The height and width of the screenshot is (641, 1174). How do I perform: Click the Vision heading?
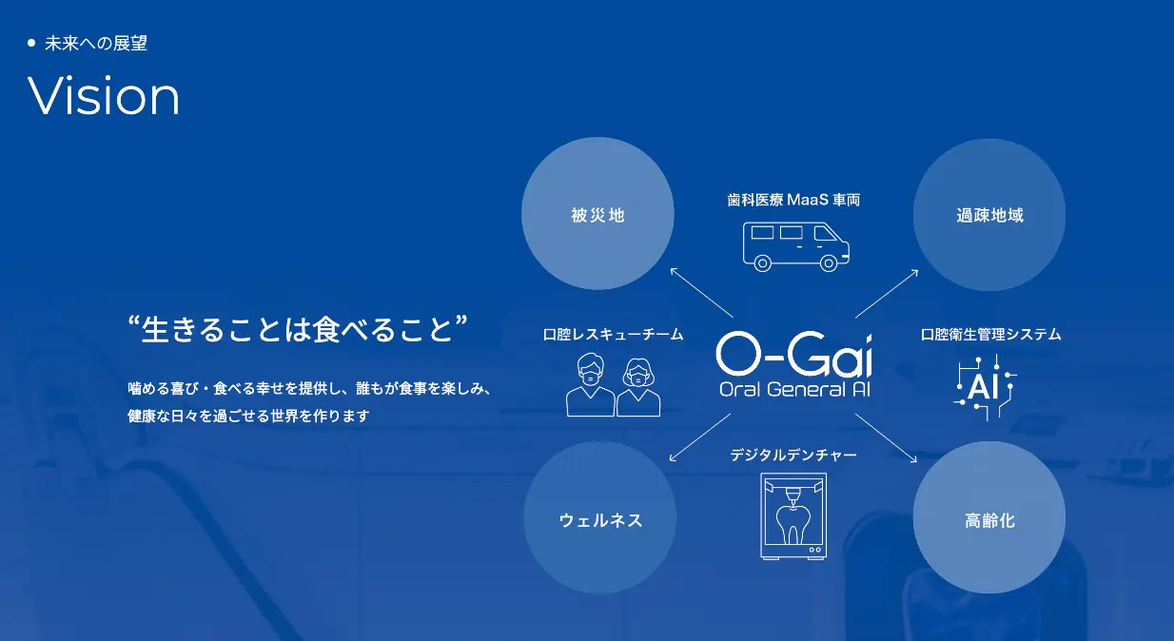tap(104, 95)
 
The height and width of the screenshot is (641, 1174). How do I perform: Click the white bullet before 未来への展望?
tap(31, 43)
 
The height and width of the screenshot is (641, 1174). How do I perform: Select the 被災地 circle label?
tap(597, 216)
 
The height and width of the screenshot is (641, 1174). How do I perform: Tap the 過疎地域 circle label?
tap(989, 216)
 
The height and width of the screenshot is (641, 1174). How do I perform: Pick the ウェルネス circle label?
tap(600, 520)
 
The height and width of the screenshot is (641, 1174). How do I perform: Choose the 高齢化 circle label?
tap(989, 520)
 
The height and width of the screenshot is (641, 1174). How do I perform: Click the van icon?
tap(795, 246)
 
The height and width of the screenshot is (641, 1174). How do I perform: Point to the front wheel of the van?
tap(828, 262)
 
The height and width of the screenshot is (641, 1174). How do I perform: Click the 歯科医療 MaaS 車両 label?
tap(793, 200)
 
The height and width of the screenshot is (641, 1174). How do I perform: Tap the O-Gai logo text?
tap(794, 354)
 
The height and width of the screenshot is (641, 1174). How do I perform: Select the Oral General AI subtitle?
tap(794, 389)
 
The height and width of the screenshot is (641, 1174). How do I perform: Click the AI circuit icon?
tap(985, 388)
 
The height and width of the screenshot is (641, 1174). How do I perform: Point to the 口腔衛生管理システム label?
tap(990, 335)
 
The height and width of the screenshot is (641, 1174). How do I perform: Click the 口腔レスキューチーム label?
tap(613, 335)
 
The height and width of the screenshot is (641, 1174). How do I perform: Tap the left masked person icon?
tap(590, 385)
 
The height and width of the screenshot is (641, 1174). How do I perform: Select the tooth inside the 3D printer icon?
tap(792, 524)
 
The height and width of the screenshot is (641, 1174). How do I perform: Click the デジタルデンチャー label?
tap(793, 455)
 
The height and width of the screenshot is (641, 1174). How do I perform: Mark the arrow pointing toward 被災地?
tap(702, 293)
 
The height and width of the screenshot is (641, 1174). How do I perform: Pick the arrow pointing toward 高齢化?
tap(887, 438)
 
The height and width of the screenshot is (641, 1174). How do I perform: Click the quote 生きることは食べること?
tap(298, 329)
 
